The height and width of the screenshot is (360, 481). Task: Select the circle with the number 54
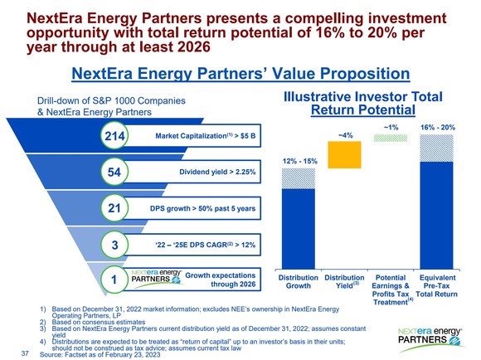coord(114,172)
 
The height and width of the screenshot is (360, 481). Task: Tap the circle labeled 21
coord(114,208)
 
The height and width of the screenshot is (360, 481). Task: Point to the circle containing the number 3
coord(114,245)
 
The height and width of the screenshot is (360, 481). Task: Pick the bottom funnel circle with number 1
coord(114,280)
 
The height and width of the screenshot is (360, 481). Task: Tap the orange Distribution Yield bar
coord(346,153)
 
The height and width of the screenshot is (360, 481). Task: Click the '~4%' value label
coord(346,134)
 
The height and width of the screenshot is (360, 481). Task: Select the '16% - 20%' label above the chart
coord(439,127)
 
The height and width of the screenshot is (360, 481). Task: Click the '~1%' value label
coord(391,127)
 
